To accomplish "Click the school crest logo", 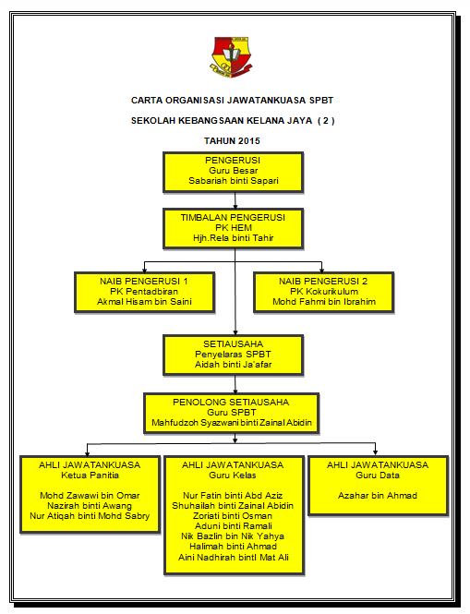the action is pos(232,57).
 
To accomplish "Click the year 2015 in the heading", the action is pos(249,141).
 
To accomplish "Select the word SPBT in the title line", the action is pos(321,101).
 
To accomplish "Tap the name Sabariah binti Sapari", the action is pos(234,181).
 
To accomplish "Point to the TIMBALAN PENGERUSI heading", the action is pos(233,218).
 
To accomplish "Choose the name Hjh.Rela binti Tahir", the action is pos(233,238).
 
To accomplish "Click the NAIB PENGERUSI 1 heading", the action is pos(144,282).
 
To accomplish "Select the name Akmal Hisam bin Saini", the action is pos(145,302).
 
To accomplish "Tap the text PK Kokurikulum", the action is pos(324,292).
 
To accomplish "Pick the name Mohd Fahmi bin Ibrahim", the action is pos(324,302).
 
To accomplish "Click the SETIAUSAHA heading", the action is pos(233,344).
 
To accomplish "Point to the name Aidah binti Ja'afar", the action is pos(233,365).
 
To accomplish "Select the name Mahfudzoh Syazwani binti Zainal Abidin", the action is pos(232,423).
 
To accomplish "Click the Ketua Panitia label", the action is pos(90,476).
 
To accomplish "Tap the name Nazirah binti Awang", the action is pos(90,506).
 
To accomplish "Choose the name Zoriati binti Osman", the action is pos(233,516).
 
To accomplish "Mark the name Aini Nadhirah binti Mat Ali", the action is pos(234,558).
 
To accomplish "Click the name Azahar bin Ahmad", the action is pos(378,496).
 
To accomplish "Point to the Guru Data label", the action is pos(378,476).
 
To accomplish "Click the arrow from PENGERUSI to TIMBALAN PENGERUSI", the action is pos(235,200).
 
